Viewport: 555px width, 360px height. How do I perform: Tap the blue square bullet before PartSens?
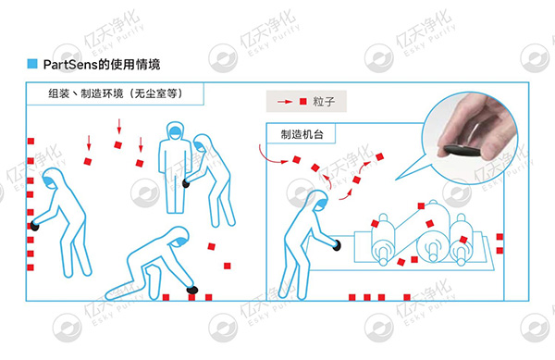(x=32, y=64)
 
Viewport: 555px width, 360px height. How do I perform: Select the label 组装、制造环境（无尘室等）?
(x=117, y=93)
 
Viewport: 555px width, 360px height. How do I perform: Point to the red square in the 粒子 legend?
(x=302, y=100)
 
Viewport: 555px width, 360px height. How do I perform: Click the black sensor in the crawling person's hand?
(x=192, y=291)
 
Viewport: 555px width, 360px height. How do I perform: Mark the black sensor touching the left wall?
(x=34, y=225)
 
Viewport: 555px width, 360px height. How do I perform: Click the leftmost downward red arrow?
(x=89, y=143)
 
